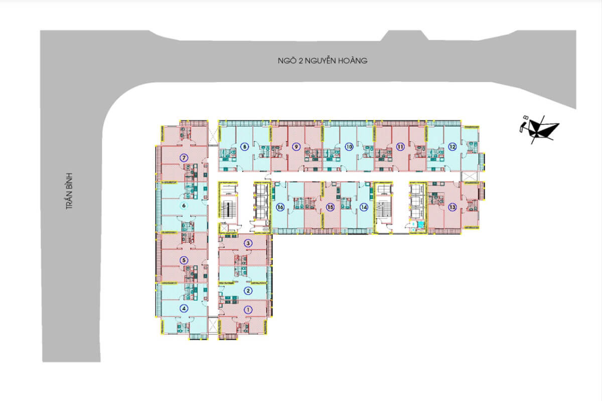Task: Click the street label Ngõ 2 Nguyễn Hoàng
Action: (323, 61)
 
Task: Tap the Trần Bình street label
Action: (69, 191)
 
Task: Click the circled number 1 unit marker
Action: (248, 310)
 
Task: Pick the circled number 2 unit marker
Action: (248, 291)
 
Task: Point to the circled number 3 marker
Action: (248, 244)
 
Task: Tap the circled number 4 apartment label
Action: (184, 309)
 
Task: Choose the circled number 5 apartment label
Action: (184, 260)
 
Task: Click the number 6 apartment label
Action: (184, 206)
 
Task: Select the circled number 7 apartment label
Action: (184, 158)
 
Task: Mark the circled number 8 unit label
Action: (244, 147)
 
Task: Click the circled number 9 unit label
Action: (296, 147)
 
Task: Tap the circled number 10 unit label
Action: (349, 147)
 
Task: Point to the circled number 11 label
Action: (400, 147)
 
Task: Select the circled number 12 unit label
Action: (453, 147)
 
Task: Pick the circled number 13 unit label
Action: (453, 208)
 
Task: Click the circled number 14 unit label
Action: (364, 208)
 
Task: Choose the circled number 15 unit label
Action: (330, 208)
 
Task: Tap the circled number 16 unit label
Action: (280, 208)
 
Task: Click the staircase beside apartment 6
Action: (228, 207)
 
